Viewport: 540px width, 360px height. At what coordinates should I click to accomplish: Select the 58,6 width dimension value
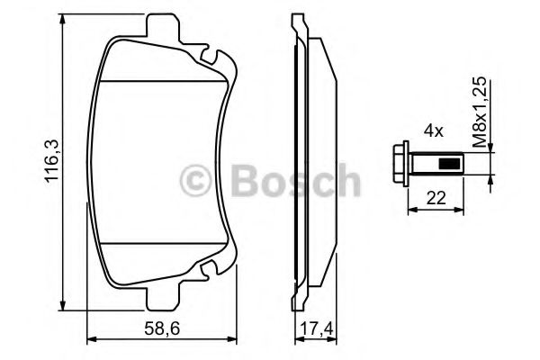click(x=160, y=328)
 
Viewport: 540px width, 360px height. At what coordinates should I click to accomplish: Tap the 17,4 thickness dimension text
click(x=319, y=328)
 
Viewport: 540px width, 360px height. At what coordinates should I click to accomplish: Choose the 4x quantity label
click(x=434, y=131)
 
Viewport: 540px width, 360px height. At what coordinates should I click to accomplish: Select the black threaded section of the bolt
click(x=449, y=165)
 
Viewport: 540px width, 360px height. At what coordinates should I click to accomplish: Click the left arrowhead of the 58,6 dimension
click(x=89, y=340)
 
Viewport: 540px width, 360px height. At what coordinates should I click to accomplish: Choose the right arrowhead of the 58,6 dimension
click(x=237, y=340)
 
